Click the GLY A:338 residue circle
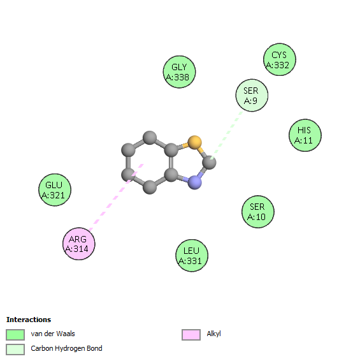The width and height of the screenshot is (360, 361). pyautogui.click(x=179, y=72)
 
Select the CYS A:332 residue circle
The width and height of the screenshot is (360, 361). pyautogui.click(x=280, y=59)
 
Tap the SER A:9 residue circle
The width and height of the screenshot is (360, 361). pyautogui.click(x=252, y=95)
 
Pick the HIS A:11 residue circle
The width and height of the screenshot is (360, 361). pyautogui.click(x=305, y=135)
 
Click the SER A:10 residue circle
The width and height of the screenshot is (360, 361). pyautogui.click(x=258, y=212)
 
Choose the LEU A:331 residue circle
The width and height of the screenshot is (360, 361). pyautogui.click(x=192, y=256)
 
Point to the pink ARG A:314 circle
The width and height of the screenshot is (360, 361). pyautogui.click(x=79, y=244)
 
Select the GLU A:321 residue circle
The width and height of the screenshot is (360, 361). pyautogui.click(x=55, y=190)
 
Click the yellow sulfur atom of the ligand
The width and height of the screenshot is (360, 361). pyautogui.click(x=194, y=142)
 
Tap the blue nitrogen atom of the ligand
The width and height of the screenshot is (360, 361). pyautogui.click(x=195, y=182)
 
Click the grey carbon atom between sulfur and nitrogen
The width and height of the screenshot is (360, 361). pyautogui.click(x=209, y=162)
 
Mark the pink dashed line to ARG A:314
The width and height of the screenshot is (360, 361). pyautogui.click(x=116, y=197)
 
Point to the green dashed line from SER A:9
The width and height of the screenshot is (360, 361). pyautogui.click(x=226, y=136)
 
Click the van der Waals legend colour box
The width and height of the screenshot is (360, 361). pyautogui.click(x=15, y=334)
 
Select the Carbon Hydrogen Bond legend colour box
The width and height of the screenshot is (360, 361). pyautogui.click(x=15, y=350)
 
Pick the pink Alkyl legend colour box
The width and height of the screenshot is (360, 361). pyautogui.click(x=191, y=334)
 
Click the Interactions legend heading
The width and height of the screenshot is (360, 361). pyautogui.click(x=29, y=320)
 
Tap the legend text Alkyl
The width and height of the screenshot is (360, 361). pyautogui.click(x=213, y=334)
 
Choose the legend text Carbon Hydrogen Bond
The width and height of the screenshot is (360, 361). pyautogui.click(x=66, y=349)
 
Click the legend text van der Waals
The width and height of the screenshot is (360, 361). pyautogui.click(x=53, y=334)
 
